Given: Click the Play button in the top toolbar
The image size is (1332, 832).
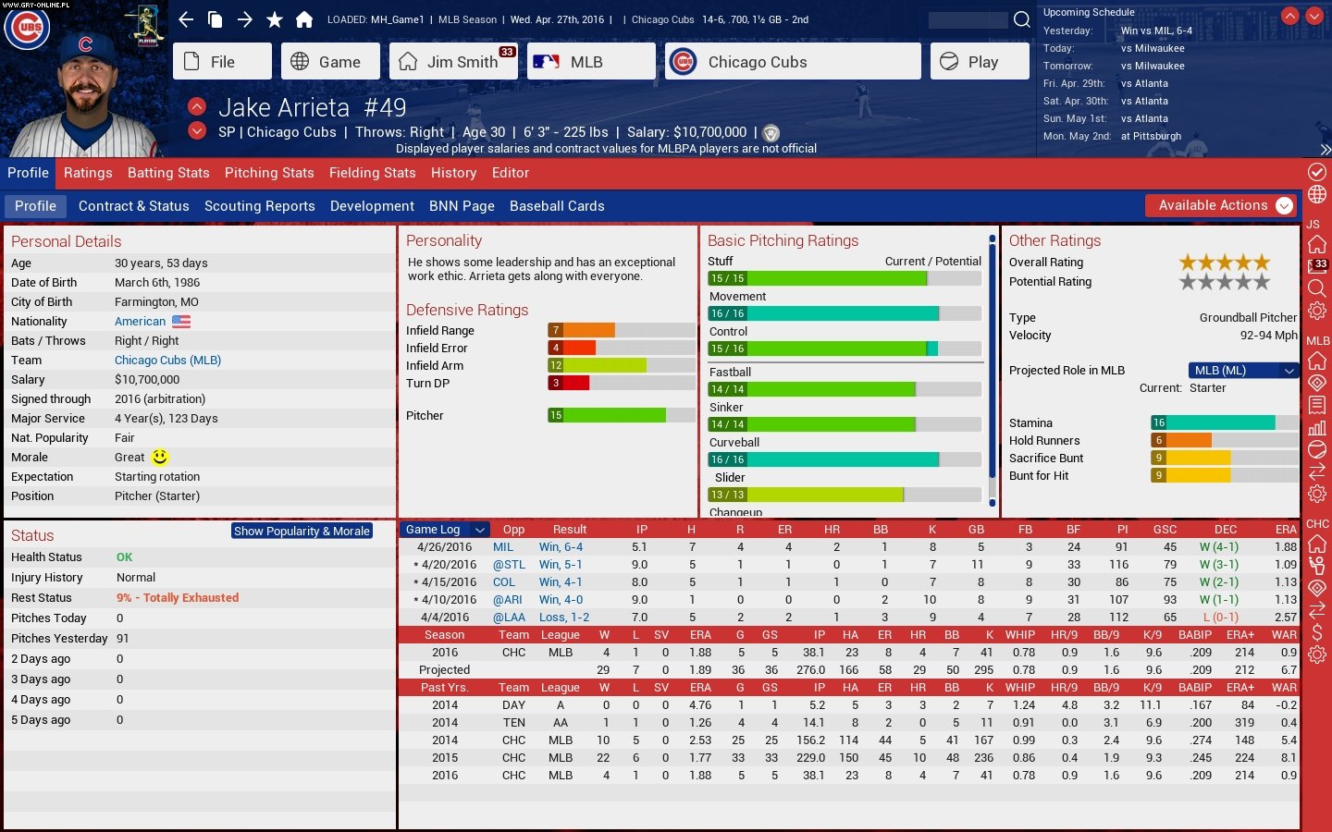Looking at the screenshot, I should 979,62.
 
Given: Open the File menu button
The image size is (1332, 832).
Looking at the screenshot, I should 222,62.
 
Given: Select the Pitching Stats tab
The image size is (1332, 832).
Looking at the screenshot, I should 269,173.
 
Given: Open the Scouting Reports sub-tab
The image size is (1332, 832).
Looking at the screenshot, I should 259,206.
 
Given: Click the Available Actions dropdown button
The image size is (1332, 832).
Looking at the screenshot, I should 1219,205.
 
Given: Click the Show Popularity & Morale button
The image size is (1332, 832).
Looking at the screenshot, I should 302,532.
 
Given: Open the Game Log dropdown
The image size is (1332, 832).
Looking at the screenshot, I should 445,530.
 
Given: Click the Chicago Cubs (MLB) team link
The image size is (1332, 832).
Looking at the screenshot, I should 167,361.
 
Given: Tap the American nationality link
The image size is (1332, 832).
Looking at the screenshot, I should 141,322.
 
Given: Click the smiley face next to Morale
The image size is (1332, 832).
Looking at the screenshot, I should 160,458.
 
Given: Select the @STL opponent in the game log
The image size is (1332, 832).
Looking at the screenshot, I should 509,565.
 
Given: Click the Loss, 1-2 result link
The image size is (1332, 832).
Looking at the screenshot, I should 564,618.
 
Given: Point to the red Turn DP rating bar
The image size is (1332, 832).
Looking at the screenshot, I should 569,383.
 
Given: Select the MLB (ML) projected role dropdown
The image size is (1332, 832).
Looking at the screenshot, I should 1242,371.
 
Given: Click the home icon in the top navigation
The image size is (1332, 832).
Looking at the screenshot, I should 304,19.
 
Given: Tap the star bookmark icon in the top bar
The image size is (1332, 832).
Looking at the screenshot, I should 275,19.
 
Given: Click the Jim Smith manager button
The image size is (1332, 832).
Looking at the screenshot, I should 453,62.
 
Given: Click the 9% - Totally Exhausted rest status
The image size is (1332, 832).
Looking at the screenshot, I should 178,598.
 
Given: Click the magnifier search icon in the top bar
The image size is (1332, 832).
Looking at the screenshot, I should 1022,19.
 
